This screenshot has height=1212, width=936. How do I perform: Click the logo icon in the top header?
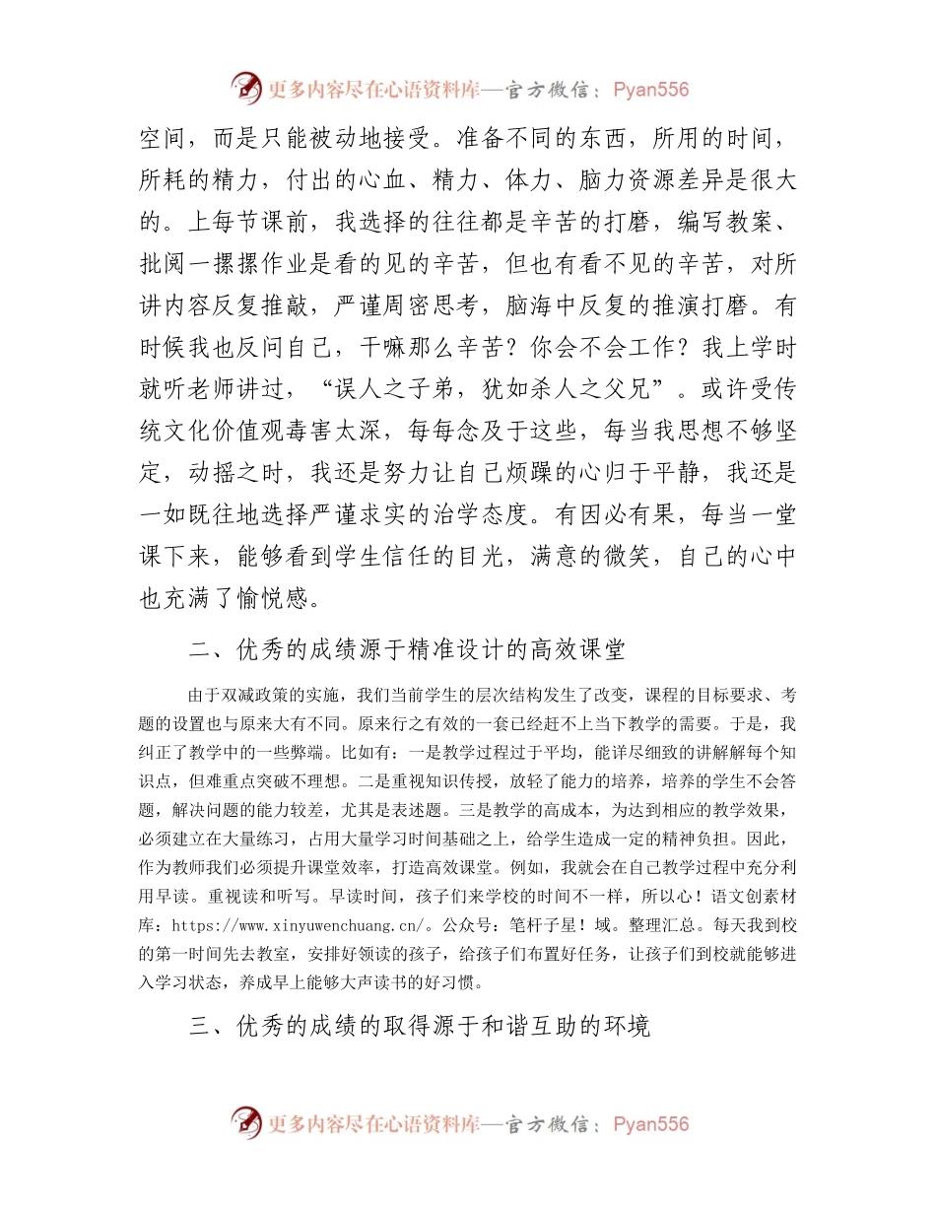tap(246, 89)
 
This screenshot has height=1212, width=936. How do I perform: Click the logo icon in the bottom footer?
tap(246, 1123)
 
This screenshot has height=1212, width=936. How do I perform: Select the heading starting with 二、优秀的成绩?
tap(406, 650)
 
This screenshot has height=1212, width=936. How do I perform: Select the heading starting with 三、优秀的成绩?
tap(419, 1026)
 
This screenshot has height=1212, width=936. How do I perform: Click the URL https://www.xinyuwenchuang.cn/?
tap(301, 926)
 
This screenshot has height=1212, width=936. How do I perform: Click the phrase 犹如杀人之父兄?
tap(561, 388)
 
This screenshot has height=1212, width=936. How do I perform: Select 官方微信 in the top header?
tap(547, 90)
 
